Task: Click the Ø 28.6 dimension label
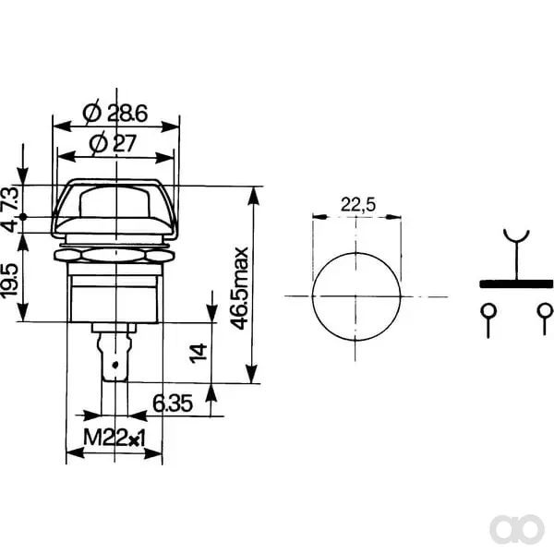click(114, 114)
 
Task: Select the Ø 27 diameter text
click(113, 143)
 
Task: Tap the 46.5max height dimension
click(239, 288)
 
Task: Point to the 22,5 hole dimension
click(358, 205)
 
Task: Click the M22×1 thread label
click(114, 438)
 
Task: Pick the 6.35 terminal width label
click(173, 403)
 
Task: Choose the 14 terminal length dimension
click(198, 353)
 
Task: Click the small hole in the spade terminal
click(114, 365)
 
